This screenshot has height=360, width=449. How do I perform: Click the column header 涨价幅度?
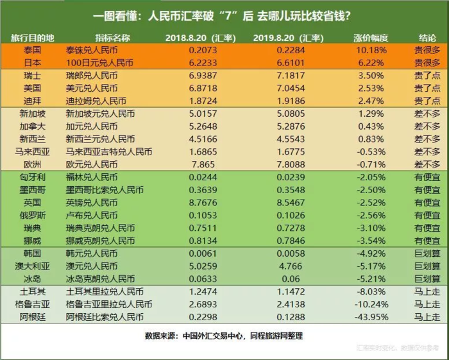371,38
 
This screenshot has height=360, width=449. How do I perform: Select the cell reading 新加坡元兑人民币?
100,114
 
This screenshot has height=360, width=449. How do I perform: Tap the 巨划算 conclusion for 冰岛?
427,279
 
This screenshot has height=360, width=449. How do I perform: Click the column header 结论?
427,38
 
